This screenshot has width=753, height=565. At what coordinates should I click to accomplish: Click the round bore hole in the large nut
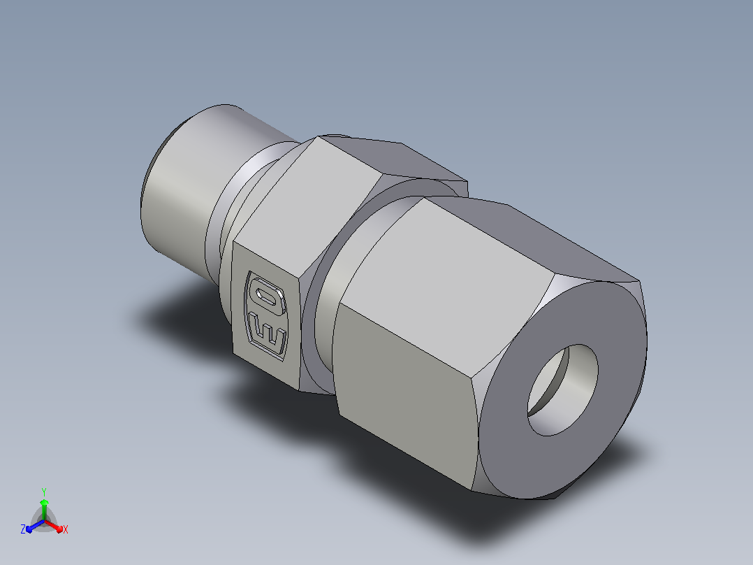click(563, 390)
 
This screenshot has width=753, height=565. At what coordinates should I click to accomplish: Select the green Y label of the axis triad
click(44, 492)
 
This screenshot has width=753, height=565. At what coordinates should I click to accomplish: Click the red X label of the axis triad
click(66, 529)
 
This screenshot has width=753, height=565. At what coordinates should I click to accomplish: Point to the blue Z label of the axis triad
click(22, 529)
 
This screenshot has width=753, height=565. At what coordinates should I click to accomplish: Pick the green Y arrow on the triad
click(44, 510)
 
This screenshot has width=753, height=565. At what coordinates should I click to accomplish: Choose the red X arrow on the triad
click(53, 526)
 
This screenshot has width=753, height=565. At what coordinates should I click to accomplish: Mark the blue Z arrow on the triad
click(35, 526)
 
